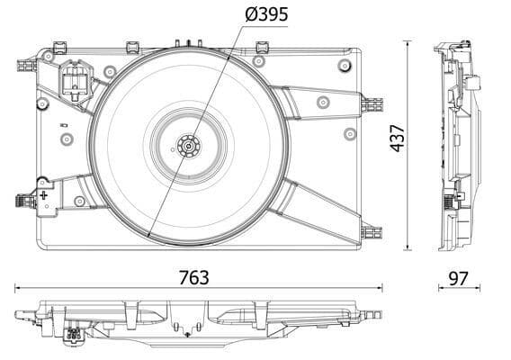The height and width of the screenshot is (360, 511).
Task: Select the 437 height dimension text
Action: point(398,138)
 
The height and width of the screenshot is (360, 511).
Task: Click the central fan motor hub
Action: point(188,145)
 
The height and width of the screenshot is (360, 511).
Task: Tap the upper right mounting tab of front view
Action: point(370,103)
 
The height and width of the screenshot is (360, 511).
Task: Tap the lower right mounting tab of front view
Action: point(369,231)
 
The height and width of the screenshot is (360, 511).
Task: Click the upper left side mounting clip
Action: point(24,66)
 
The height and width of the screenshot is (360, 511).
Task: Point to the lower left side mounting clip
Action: point(23,202)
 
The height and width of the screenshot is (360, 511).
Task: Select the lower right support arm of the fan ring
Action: point(319,207)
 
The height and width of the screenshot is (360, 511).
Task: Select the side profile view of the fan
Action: point(458,144)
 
